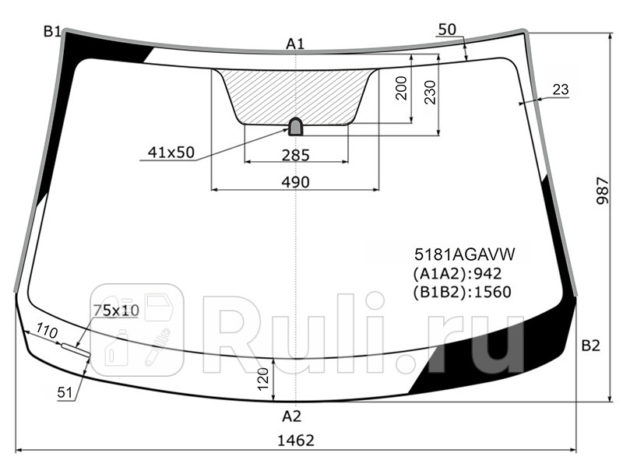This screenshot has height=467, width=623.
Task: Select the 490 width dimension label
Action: [295, 182]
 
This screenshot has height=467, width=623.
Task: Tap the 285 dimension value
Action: [295, 155]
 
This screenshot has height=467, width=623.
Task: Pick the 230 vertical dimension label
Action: [430, 91]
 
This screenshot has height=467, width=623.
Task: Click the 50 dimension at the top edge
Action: [447, 30]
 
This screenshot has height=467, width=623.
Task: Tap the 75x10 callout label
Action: [115, 311]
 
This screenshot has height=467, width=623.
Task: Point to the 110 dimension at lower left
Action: [48, 333]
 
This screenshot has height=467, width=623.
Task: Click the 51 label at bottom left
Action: [65, 393]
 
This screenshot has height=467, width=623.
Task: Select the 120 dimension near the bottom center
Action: [262, 379]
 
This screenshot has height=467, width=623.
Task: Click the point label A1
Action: [294, 44]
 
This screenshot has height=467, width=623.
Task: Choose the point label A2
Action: [291, 416]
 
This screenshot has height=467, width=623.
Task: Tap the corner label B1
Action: [52, 31]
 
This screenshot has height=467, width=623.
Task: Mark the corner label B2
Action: [590, 346]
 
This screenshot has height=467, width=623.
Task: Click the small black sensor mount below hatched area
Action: [297, 126]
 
